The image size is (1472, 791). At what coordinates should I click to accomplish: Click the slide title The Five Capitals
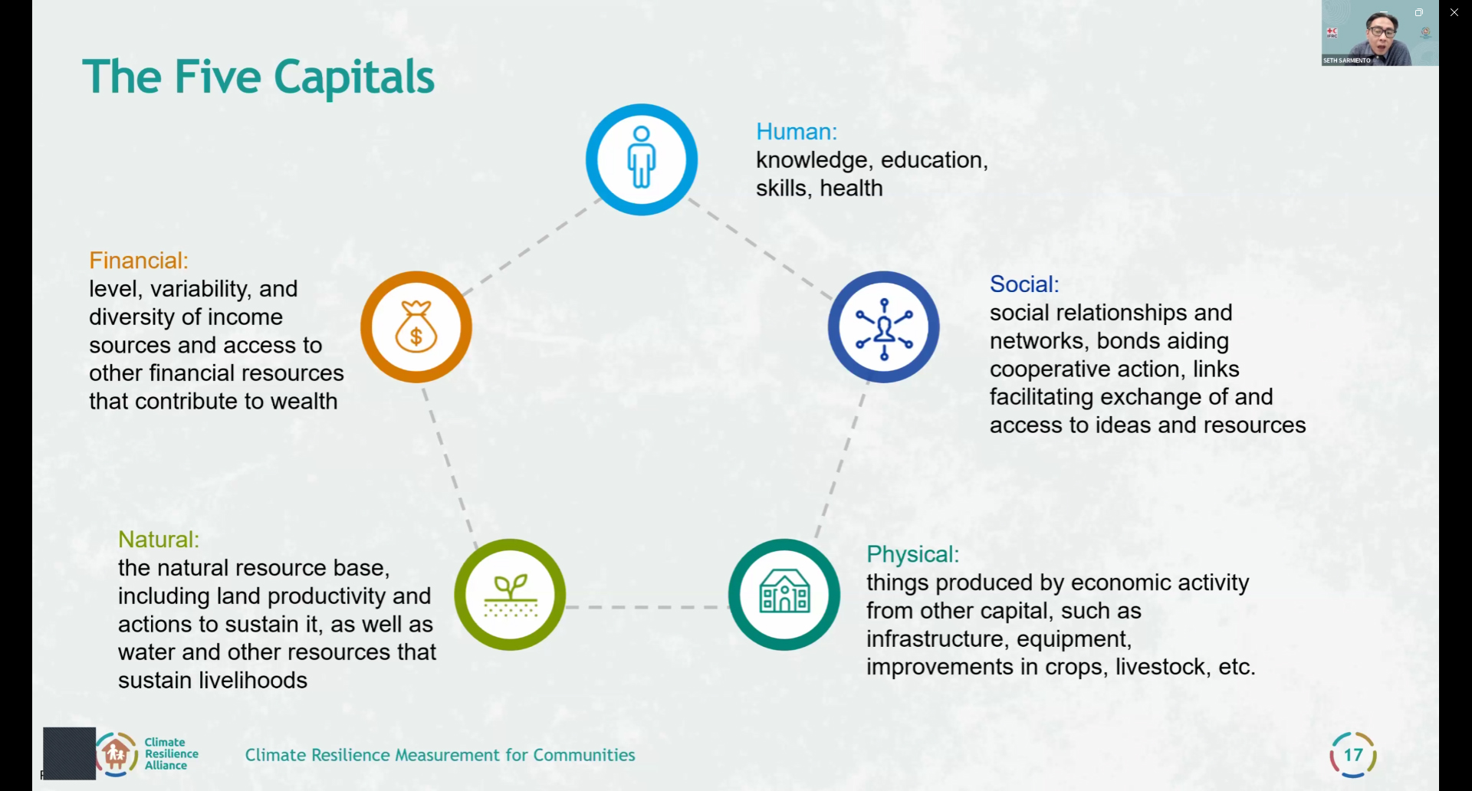pyautogui.click(x=258, y=77)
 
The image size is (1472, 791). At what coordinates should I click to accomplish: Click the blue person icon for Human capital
pyautogui.click(x=642, y=159)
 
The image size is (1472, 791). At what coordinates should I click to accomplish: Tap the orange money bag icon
pyautogui.click(x=416, y=327)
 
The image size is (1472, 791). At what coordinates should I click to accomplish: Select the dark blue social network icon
pyautogui.click(x=883, y=327)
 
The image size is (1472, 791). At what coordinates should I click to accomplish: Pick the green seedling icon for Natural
pyautogui.click(x=510, y=595)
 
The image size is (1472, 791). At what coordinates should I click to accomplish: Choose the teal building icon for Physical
pyautogui.click(x=784, y=595)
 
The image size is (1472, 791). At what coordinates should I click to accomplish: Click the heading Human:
pyautogui.click(x=797, y=132)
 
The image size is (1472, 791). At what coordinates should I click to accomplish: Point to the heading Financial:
pyautogui.click(x=139, y=261)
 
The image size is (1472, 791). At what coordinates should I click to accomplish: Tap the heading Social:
pyautogui.click(x=1024, y=284)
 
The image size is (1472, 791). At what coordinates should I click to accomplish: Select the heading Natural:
pyautogui.click(x=159, y=540)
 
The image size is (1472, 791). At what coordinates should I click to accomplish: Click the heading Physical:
pyautogui.click(x=912, y=554)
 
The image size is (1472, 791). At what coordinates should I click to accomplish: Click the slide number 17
pyautogui.click(x=1353, y=755)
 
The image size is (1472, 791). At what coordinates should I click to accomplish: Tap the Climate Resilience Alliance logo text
pyautogui.click(x=172, y=753)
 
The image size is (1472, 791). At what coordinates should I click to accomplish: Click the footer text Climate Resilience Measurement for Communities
pyautogui.click(x=440, y=755)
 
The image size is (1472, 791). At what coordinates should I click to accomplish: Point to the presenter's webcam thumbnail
pyautogui.click(x=1380, y=33)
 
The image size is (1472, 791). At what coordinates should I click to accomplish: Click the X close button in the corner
pyautogui.click(x=1454, y=12)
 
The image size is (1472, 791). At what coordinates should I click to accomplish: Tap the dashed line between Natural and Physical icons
pyautogui.click(x=647, y=607)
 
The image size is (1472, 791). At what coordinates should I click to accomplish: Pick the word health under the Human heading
pyautogui.click(x=851, y=188)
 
